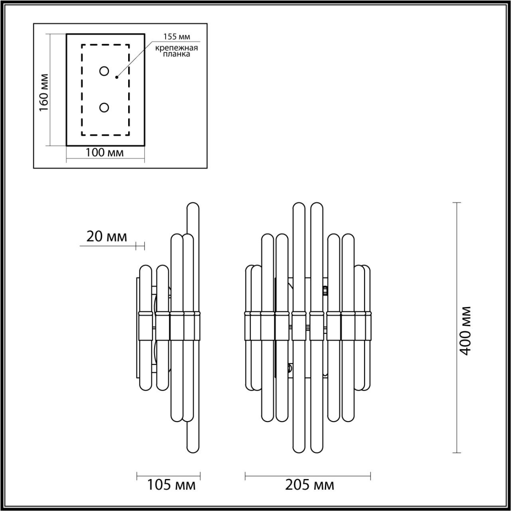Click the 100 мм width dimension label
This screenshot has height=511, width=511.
[105, 153]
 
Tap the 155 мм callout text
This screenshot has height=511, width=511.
[176, 37]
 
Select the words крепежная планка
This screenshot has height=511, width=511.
[177, 51]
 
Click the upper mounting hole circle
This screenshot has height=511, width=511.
[104, 71]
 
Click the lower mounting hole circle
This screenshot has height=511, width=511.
[104, 107]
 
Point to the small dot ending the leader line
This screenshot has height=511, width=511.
[117, 77]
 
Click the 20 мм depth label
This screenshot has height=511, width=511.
[107, 237]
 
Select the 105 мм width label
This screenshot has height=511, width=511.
[171, 485]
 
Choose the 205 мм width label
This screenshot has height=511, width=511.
[309, 485]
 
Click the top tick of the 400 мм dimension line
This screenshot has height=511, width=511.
[457, 203]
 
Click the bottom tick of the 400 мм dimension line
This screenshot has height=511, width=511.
[457, 453]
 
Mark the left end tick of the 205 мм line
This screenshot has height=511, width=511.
[245, 475]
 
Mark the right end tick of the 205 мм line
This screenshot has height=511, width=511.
[370, 475]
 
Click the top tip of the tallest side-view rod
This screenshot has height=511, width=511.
[192, 204]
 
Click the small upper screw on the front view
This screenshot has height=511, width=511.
[325, 290]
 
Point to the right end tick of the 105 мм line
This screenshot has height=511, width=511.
[200, 475]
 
